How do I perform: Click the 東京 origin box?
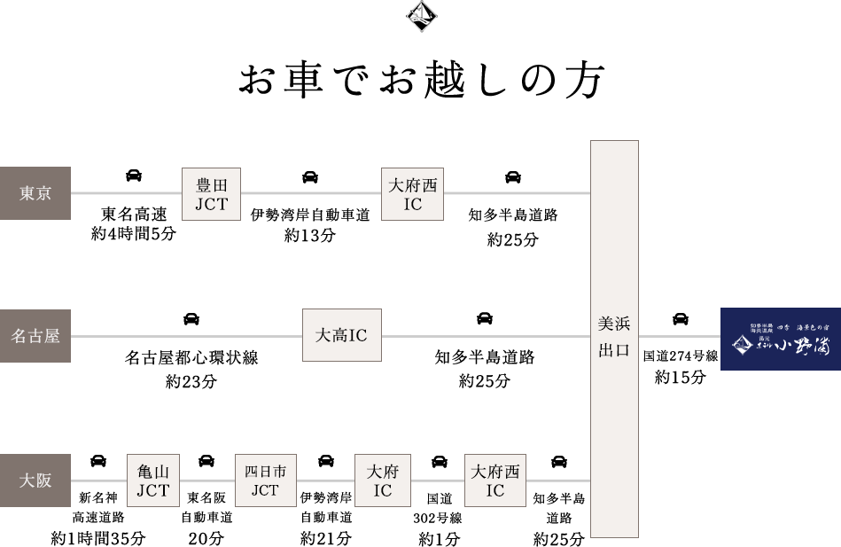35,193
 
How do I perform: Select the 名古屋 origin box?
35,336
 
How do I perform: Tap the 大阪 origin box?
35,481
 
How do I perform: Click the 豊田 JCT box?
211,194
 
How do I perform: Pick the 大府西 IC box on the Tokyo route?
412,194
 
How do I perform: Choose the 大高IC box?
341,335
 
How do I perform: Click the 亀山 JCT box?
153,481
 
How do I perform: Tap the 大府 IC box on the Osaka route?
383,481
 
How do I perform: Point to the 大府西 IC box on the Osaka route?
495,481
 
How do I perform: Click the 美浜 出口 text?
614,337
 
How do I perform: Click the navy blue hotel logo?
780,339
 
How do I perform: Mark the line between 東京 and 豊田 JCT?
126,192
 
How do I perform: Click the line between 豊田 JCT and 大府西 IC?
310,192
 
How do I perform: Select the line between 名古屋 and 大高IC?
186,336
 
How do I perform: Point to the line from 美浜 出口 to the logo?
679,336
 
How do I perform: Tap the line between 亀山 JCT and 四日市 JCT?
207,481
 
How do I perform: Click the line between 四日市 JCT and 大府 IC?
325,481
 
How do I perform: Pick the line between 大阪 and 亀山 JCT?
98,481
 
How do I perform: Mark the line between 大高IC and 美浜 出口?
486,336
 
